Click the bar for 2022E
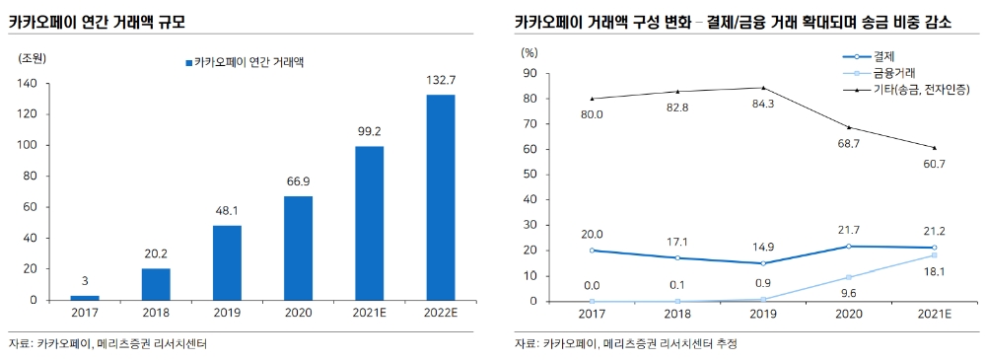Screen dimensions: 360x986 [x=441, y=197]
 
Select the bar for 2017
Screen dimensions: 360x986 [x=86, y=297]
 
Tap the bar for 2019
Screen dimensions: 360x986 [x=228, y=262]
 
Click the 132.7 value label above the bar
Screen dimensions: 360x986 [x=441, y=80]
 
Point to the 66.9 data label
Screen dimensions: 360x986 [x=299, y=181]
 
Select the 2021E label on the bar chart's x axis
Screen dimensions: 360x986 [x=370, y=314]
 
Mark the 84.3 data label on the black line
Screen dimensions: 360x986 [x=763, y=103]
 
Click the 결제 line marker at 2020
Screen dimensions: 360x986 [x=848, y=246]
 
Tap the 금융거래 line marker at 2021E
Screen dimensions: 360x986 [x=933, y=255]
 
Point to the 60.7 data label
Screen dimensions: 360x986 [x=933, y=164]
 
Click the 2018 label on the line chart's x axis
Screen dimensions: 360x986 [x=677, y=314]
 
